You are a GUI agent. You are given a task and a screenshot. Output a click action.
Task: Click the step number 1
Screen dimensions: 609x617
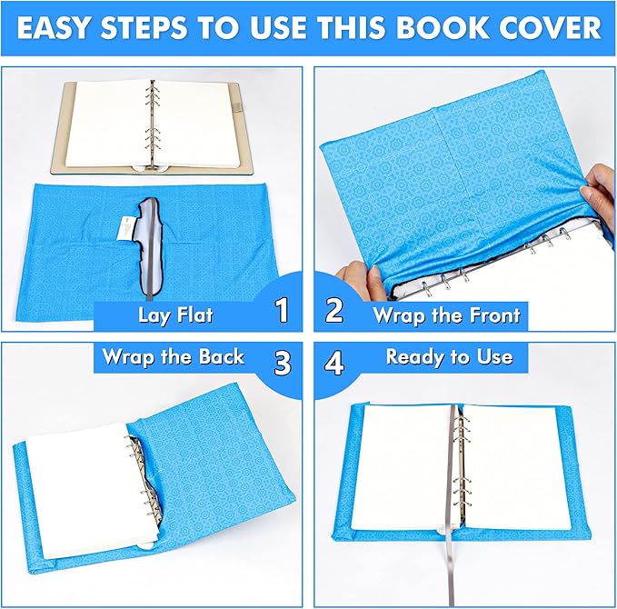282,311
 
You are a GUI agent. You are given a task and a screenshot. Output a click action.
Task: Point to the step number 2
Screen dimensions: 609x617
334,311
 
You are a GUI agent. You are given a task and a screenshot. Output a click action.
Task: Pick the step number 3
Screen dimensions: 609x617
283,361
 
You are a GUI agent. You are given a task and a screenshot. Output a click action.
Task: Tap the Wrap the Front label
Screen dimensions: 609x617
447,315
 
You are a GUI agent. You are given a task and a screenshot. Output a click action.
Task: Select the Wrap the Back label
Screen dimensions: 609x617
173,356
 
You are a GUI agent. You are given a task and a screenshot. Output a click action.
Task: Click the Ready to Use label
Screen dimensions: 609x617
449,356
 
